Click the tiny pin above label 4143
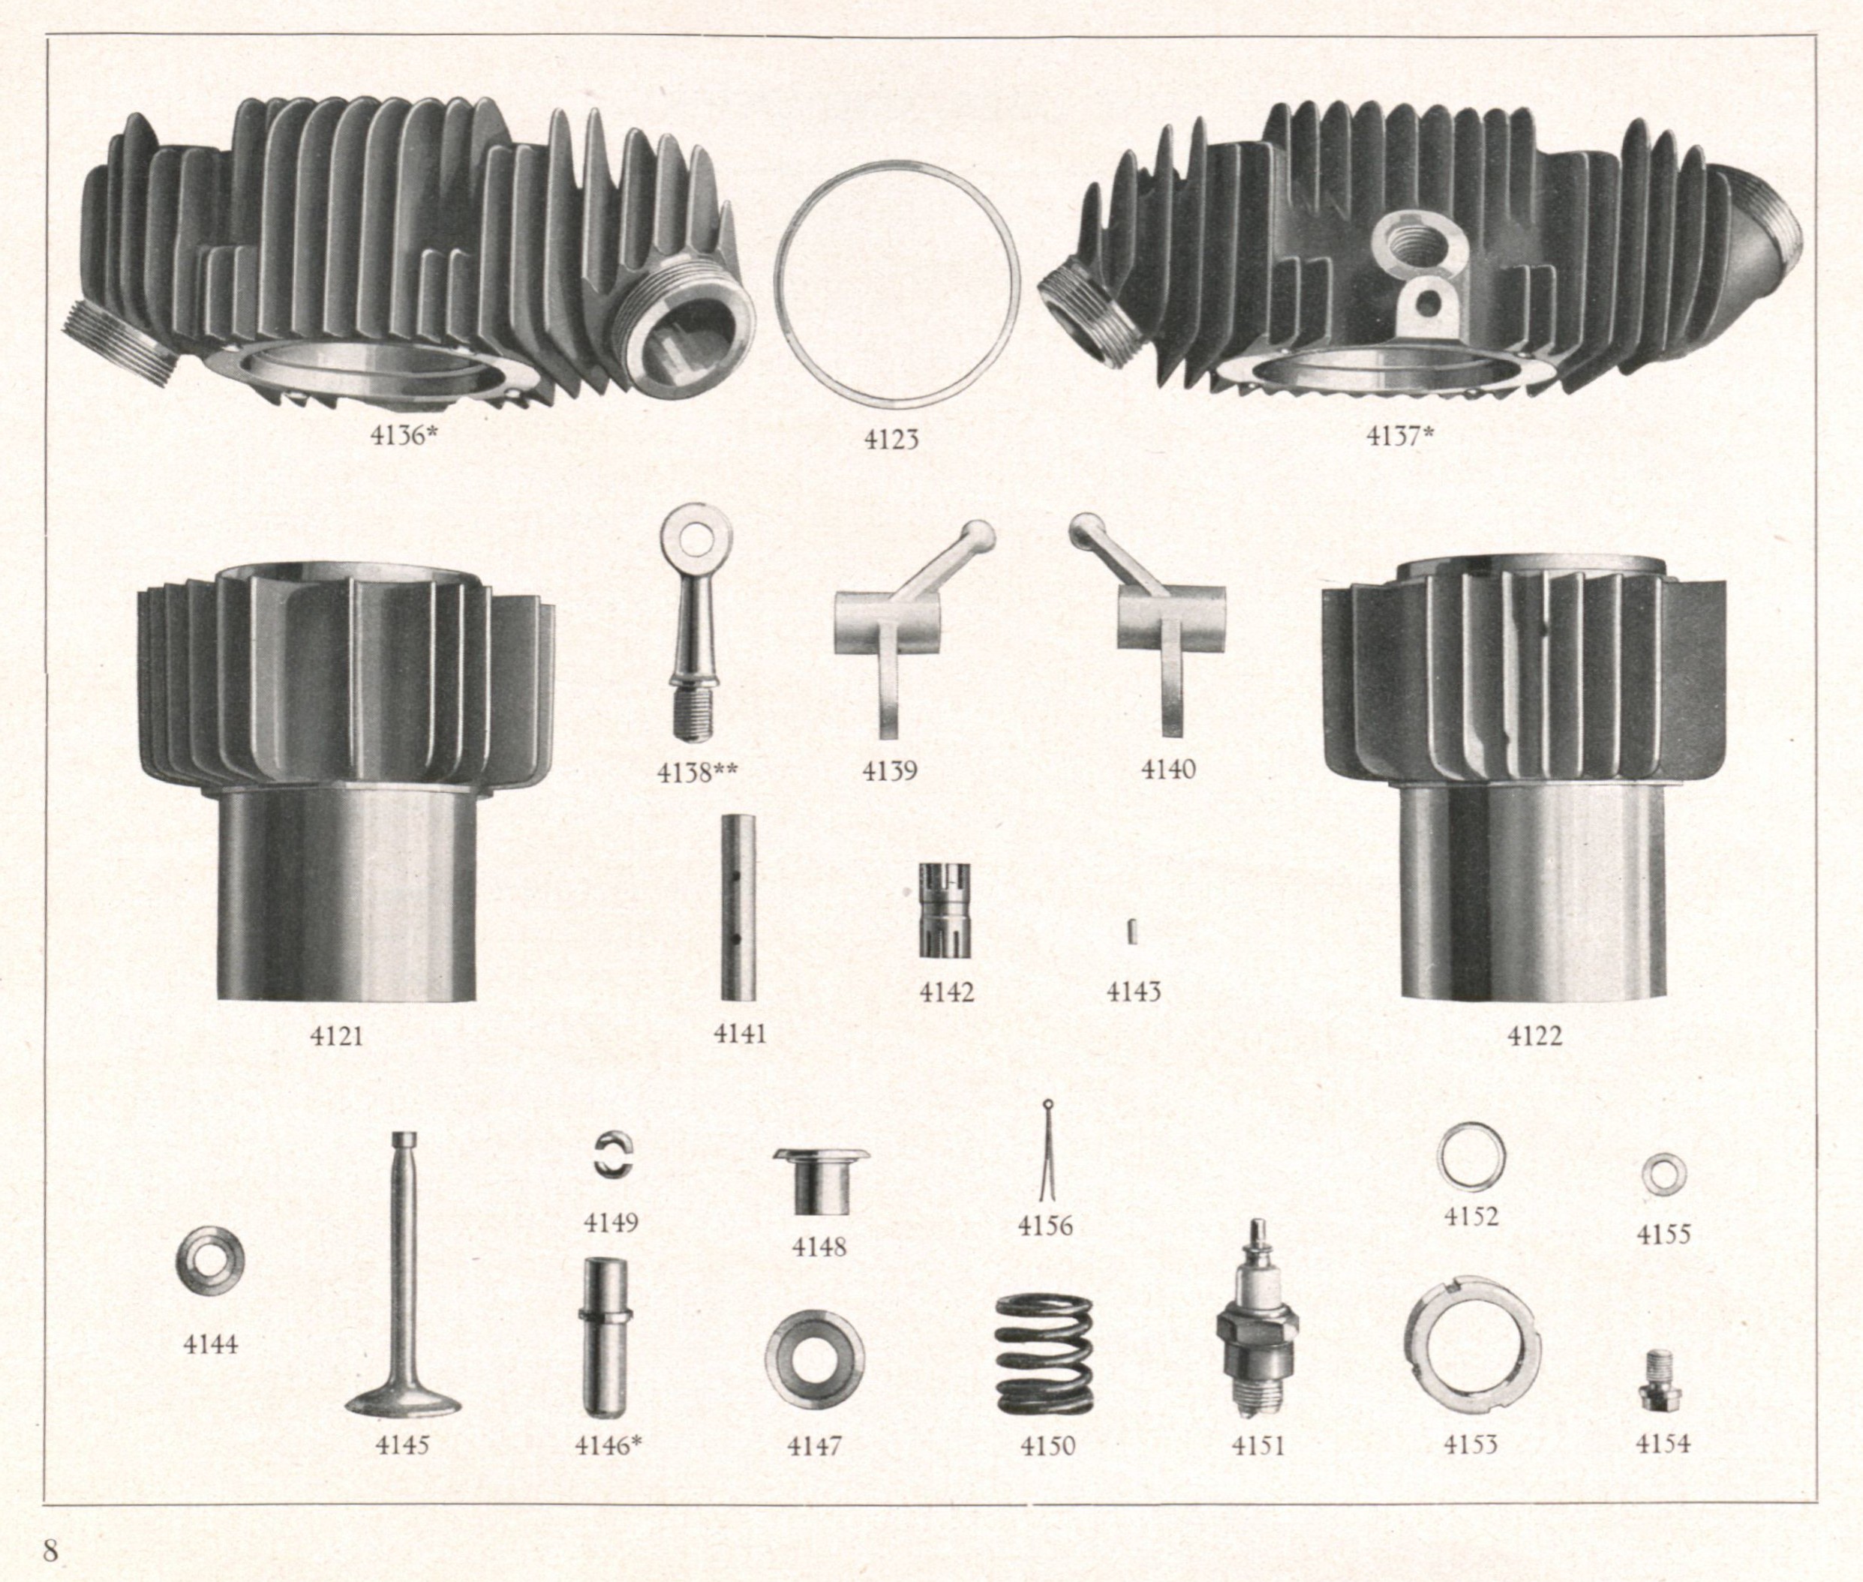tap(1133, 932)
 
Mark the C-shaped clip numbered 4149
tap(602, 1154)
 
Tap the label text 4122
tap(1534, 1036)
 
